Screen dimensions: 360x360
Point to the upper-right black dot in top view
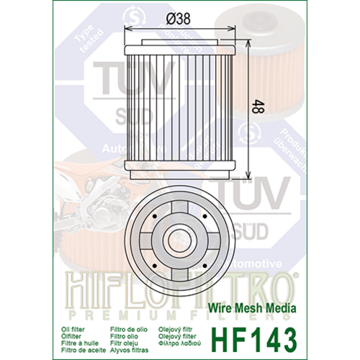click(205, 215)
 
